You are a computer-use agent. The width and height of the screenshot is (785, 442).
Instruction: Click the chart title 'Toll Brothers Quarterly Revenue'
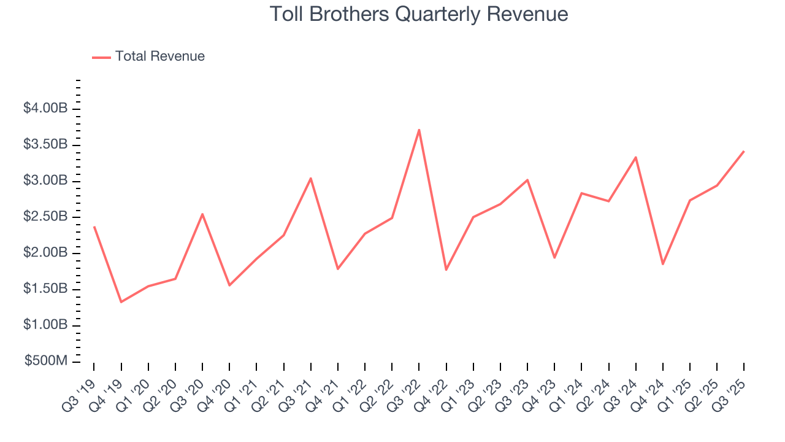[x=418, y=14]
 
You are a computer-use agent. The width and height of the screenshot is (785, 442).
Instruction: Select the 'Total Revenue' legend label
[x=159, y=56]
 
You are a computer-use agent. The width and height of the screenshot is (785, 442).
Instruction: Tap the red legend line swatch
[x=101, y=57]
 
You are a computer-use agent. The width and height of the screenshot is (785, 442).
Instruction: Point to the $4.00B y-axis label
[x=45, y=109]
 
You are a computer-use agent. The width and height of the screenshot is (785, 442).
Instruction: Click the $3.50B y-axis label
[x=45, y=145]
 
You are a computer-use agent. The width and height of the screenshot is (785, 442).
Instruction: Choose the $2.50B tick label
[x=45, y=217]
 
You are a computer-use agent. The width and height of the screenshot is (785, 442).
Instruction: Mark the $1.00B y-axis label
[x=45, y=325]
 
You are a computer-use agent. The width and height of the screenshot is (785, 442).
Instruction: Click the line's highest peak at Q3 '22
[x=419, y=130]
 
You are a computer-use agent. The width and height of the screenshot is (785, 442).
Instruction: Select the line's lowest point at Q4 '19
[x=121, y=302]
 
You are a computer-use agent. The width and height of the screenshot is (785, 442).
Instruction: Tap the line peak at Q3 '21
[x=311, y=178]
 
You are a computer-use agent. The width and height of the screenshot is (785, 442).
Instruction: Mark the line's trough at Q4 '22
[x=446, y=270]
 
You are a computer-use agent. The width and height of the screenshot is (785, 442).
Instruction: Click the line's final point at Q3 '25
[x=744, y=151]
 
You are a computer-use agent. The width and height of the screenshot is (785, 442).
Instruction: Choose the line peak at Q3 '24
[x=636, y=157]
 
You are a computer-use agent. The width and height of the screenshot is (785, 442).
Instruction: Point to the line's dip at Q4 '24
[x=663, y=264]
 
